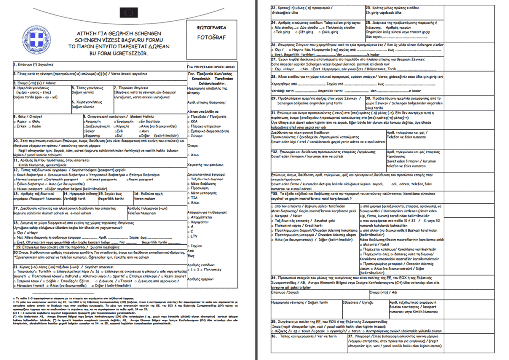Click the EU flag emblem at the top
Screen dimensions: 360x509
click(127, 12)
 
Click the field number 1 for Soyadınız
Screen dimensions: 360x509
click(15, 65)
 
